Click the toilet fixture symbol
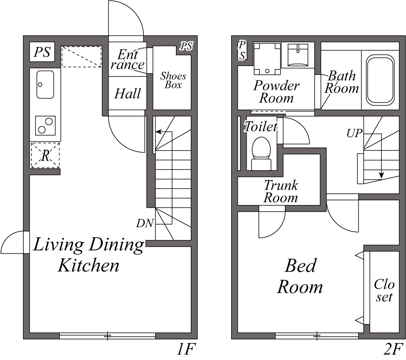(261, 154)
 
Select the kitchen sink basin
(45, 84)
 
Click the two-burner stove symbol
(45, 126)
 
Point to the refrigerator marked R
(45, 155)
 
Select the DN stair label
(145, 223)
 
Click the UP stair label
(355, 133)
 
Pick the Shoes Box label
(173, 81)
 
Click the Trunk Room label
(280, 192)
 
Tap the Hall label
(128, 93)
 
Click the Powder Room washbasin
(298, 55)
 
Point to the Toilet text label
(261, 127)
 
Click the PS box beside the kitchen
(42, 52)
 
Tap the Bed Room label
(300, 276)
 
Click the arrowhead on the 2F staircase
(382, 175)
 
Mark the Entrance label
(128, 59)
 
